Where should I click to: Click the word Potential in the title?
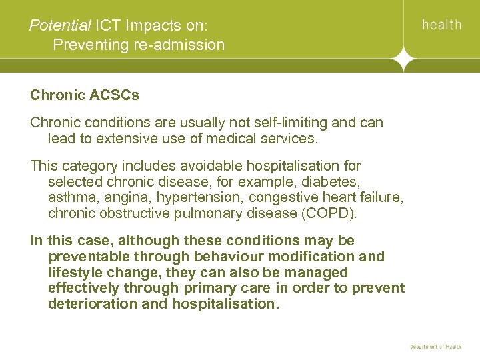pyautogui.click(x=60, y=26)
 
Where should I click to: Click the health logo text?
pyautogui.click(x=441, y=25)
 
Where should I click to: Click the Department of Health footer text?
pyautogui.click(x=435, y=347)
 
